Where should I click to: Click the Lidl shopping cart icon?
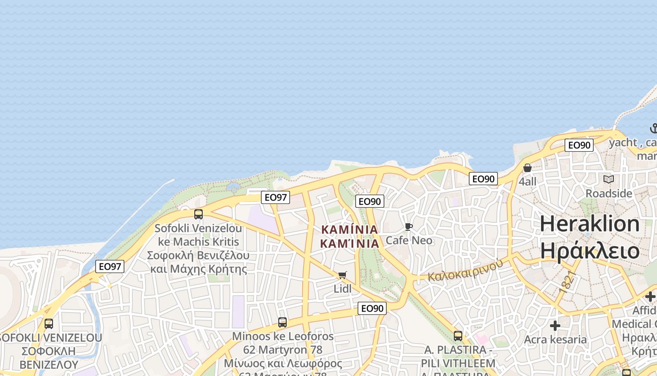(x=342, y=275)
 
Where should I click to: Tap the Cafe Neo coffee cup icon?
(x=409, y=227)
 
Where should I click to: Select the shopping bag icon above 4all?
(x=527, y=168)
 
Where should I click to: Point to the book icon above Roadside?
(x=609, y=179)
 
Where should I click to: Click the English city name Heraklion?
(x=589, y=224)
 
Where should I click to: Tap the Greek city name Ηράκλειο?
(x=589, y=251)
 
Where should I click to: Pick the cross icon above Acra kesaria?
(x=555, y=326)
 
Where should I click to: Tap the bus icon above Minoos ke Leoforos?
(x=283, y=322)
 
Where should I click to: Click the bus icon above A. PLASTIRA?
(x=458, y=336)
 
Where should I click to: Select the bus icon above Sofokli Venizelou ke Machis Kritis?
(x=199, y=214)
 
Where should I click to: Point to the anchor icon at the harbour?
(x=653, y=128)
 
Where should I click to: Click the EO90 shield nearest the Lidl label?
(x=372, y=308)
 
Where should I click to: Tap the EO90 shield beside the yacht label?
(x=579, y=145)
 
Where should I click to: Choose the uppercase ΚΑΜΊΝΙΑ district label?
(x=350, y=230)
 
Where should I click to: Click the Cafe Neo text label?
(x=409, y=241)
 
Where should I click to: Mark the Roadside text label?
(x=609, y=193)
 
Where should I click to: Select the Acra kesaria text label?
(x=555, y=339)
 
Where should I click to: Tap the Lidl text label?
(x=342, y=289)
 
